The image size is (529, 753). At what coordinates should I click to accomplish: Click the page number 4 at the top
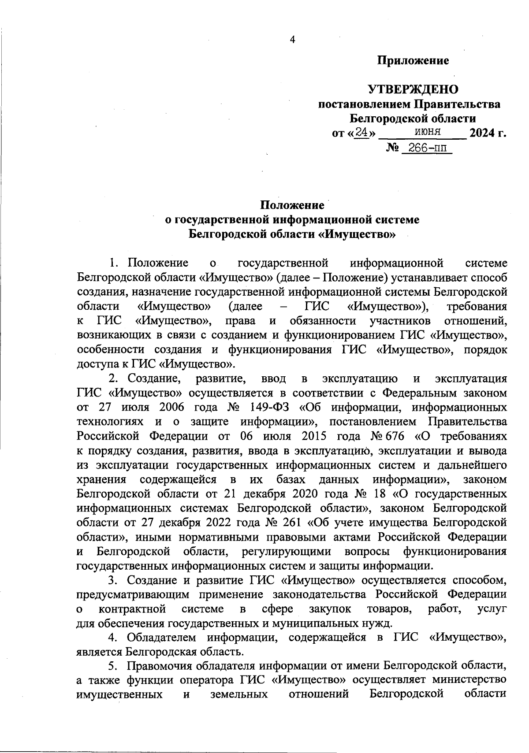point(292,40)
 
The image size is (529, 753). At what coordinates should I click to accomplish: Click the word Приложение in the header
point(413,60)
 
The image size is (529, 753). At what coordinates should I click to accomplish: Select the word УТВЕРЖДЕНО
point(413,89)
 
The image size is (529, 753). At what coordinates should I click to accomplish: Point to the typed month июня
point(427,131)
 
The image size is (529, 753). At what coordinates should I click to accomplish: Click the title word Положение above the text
point(292,205)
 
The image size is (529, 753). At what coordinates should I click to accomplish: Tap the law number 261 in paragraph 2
point(291,523)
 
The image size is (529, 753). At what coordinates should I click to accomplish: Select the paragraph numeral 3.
point(113,581)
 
